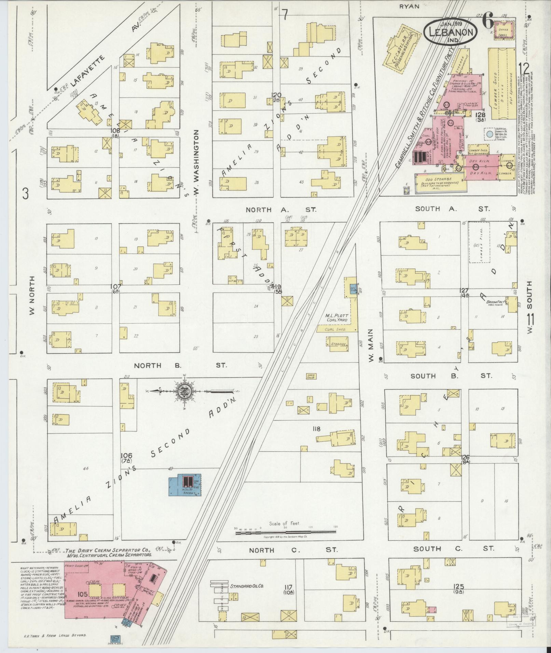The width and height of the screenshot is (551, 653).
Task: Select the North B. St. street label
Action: [x=180, y=366]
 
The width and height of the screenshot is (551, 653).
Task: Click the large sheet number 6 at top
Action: [x=488, y=22]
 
